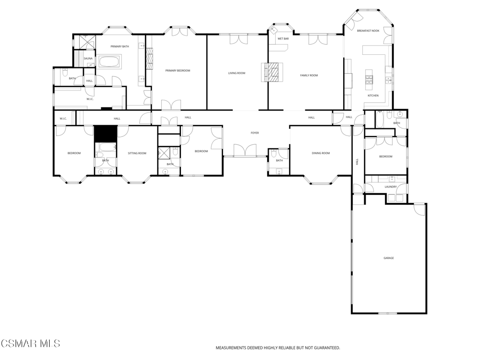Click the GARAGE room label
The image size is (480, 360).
click(389, 258)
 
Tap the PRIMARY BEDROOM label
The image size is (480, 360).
click(178, 70)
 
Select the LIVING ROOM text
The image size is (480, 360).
click(237, 73)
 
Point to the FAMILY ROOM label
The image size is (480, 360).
click(309, 75)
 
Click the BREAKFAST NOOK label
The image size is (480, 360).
click(368, 31)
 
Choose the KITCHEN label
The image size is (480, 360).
click(373, 96)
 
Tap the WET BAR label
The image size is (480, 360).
click(283, 38)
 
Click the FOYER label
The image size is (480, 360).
click(255, 133)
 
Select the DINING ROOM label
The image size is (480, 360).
click(321, 153)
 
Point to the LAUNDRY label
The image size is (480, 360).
click(390, 187)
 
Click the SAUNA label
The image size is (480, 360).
click(88, 59)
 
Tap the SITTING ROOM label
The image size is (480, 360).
click(137, 153)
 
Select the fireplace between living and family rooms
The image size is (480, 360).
click(272, 72)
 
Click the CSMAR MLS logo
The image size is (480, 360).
click(30, 344)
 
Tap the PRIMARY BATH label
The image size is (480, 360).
click(120, 46)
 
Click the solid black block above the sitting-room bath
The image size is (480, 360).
click(105, 134)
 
